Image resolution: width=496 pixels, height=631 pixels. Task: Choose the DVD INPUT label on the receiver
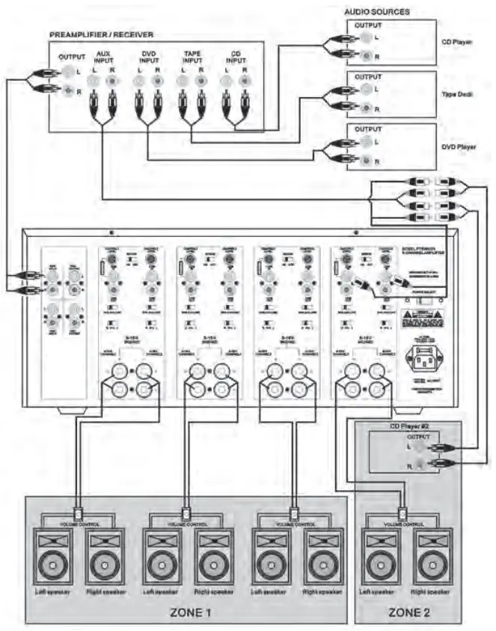(x=147, y=59)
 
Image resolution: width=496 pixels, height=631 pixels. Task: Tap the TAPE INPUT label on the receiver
(x=190, y=59)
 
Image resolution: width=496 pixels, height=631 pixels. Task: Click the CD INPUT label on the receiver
(x=234, y=59)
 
